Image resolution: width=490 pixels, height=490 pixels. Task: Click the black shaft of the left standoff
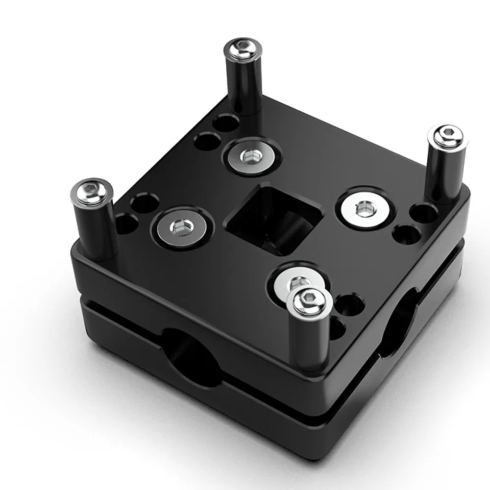(96, 230)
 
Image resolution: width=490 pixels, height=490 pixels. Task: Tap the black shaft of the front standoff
(307, 343)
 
